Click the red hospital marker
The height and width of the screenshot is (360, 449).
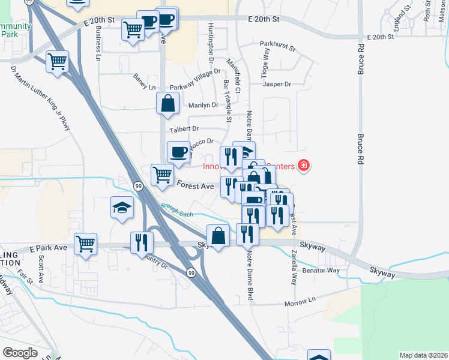click(303, 165)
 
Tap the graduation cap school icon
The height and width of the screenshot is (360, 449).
click(122, 209)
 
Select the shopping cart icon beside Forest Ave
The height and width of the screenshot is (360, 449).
click(162, 175)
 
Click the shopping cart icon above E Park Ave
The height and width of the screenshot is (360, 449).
click(86, 244)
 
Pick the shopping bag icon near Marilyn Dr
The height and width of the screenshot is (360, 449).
click(168, 103)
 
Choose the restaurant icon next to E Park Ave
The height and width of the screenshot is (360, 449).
click(142, 242)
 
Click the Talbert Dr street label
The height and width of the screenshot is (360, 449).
click(184, 129)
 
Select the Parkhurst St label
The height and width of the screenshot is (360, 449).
click(280, 44)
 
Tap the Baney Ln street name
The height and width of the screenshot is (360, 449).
click(145, 82)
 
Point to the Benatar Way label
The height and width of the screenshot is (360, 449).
click(324, 270)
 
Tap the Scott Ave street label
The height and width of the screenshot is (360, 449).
click(41, 269)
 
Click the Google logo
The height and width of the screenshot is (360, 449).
click(20, 352)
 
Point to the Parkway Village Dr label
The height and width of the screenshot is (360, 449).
click(193, 88)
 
